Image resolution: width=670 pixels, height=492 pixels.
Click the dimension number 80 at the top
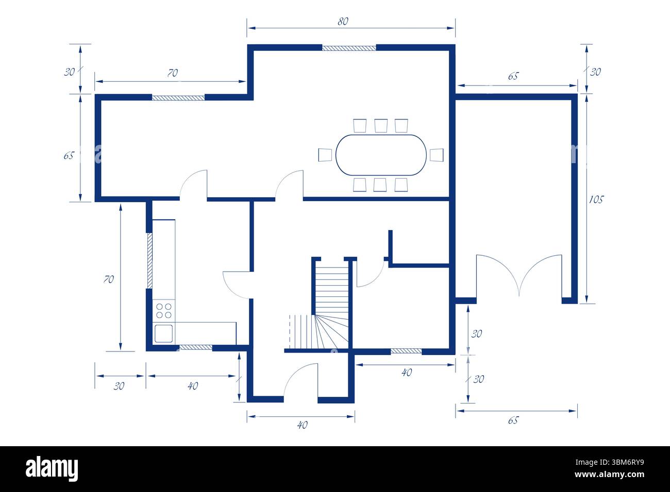[343, 21]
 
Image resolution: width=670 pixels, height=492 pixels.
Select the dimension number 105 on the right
[596, 199]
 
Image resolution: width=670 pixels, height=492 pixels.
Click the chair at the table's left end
[325, 154]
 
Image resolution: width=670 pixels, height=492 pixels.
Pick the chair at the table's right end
[437, 154]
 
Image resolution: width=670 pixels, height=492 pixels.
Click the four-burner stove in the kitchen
[164, 310]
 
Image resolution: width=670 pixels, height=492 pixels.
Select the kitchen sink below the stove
[164, 333]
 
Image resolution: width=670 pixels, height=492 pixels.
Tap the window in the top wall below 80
[349, 48]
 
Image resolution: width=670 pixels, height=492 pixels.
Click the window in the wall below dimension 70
[178, 97]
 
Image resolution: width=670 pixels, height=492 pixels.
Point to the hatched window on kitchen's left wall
[149, 260]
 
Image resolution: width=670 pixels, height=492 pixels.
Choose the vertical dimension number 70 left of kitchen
[108, 279]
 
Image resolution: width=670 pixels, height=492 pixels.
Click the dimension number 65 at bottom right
[512, 420]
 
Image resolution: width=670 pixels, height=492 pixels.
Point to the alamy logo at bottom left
[52, 469]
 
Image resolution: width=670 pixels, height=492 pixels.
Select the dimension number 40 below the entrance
[303, 425]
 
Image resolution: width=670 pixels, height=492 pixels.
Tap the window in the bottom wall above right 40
[406, 351]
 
